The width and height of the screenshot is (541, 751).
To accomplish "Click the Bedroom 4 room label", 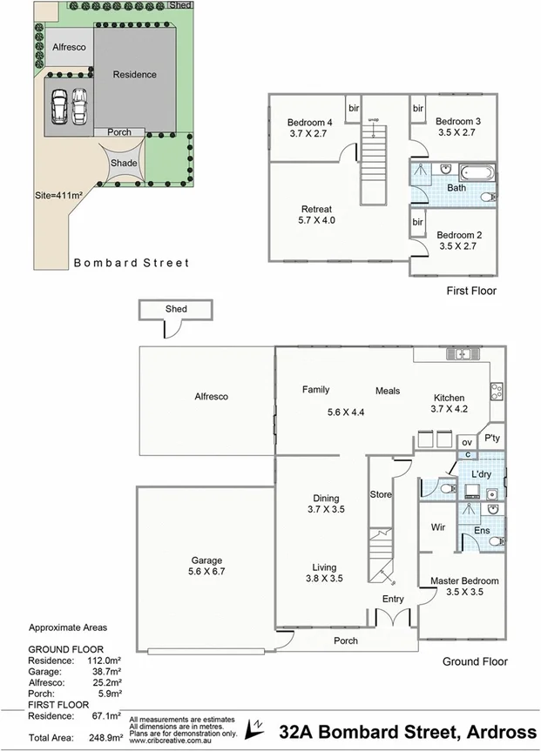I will point(310,123).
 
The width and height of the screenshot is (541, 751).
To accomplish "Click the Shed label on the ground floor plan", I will point(176,309).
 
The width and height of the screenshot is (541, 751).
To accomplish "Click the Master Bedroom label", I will point(464,580).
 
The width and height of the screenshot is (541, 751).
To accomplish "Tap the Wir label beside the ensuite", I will point(439,527).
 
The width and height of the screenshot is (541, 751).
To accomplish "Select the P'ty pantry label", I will point(492,438).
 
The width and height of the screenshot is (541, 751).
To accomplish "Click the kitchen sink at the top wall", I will point(459,353).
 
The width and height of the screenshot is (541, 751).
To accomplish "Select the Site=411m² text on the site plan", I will point(58,196).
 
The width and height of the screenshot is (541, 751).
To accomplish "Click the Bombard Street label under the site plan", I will point(131,262).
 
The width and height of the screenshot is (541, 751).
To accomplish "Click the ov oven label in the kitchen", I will point(466,441).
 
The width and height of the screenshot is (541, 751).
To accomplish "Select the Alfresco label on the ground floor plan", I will point(211,396).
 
